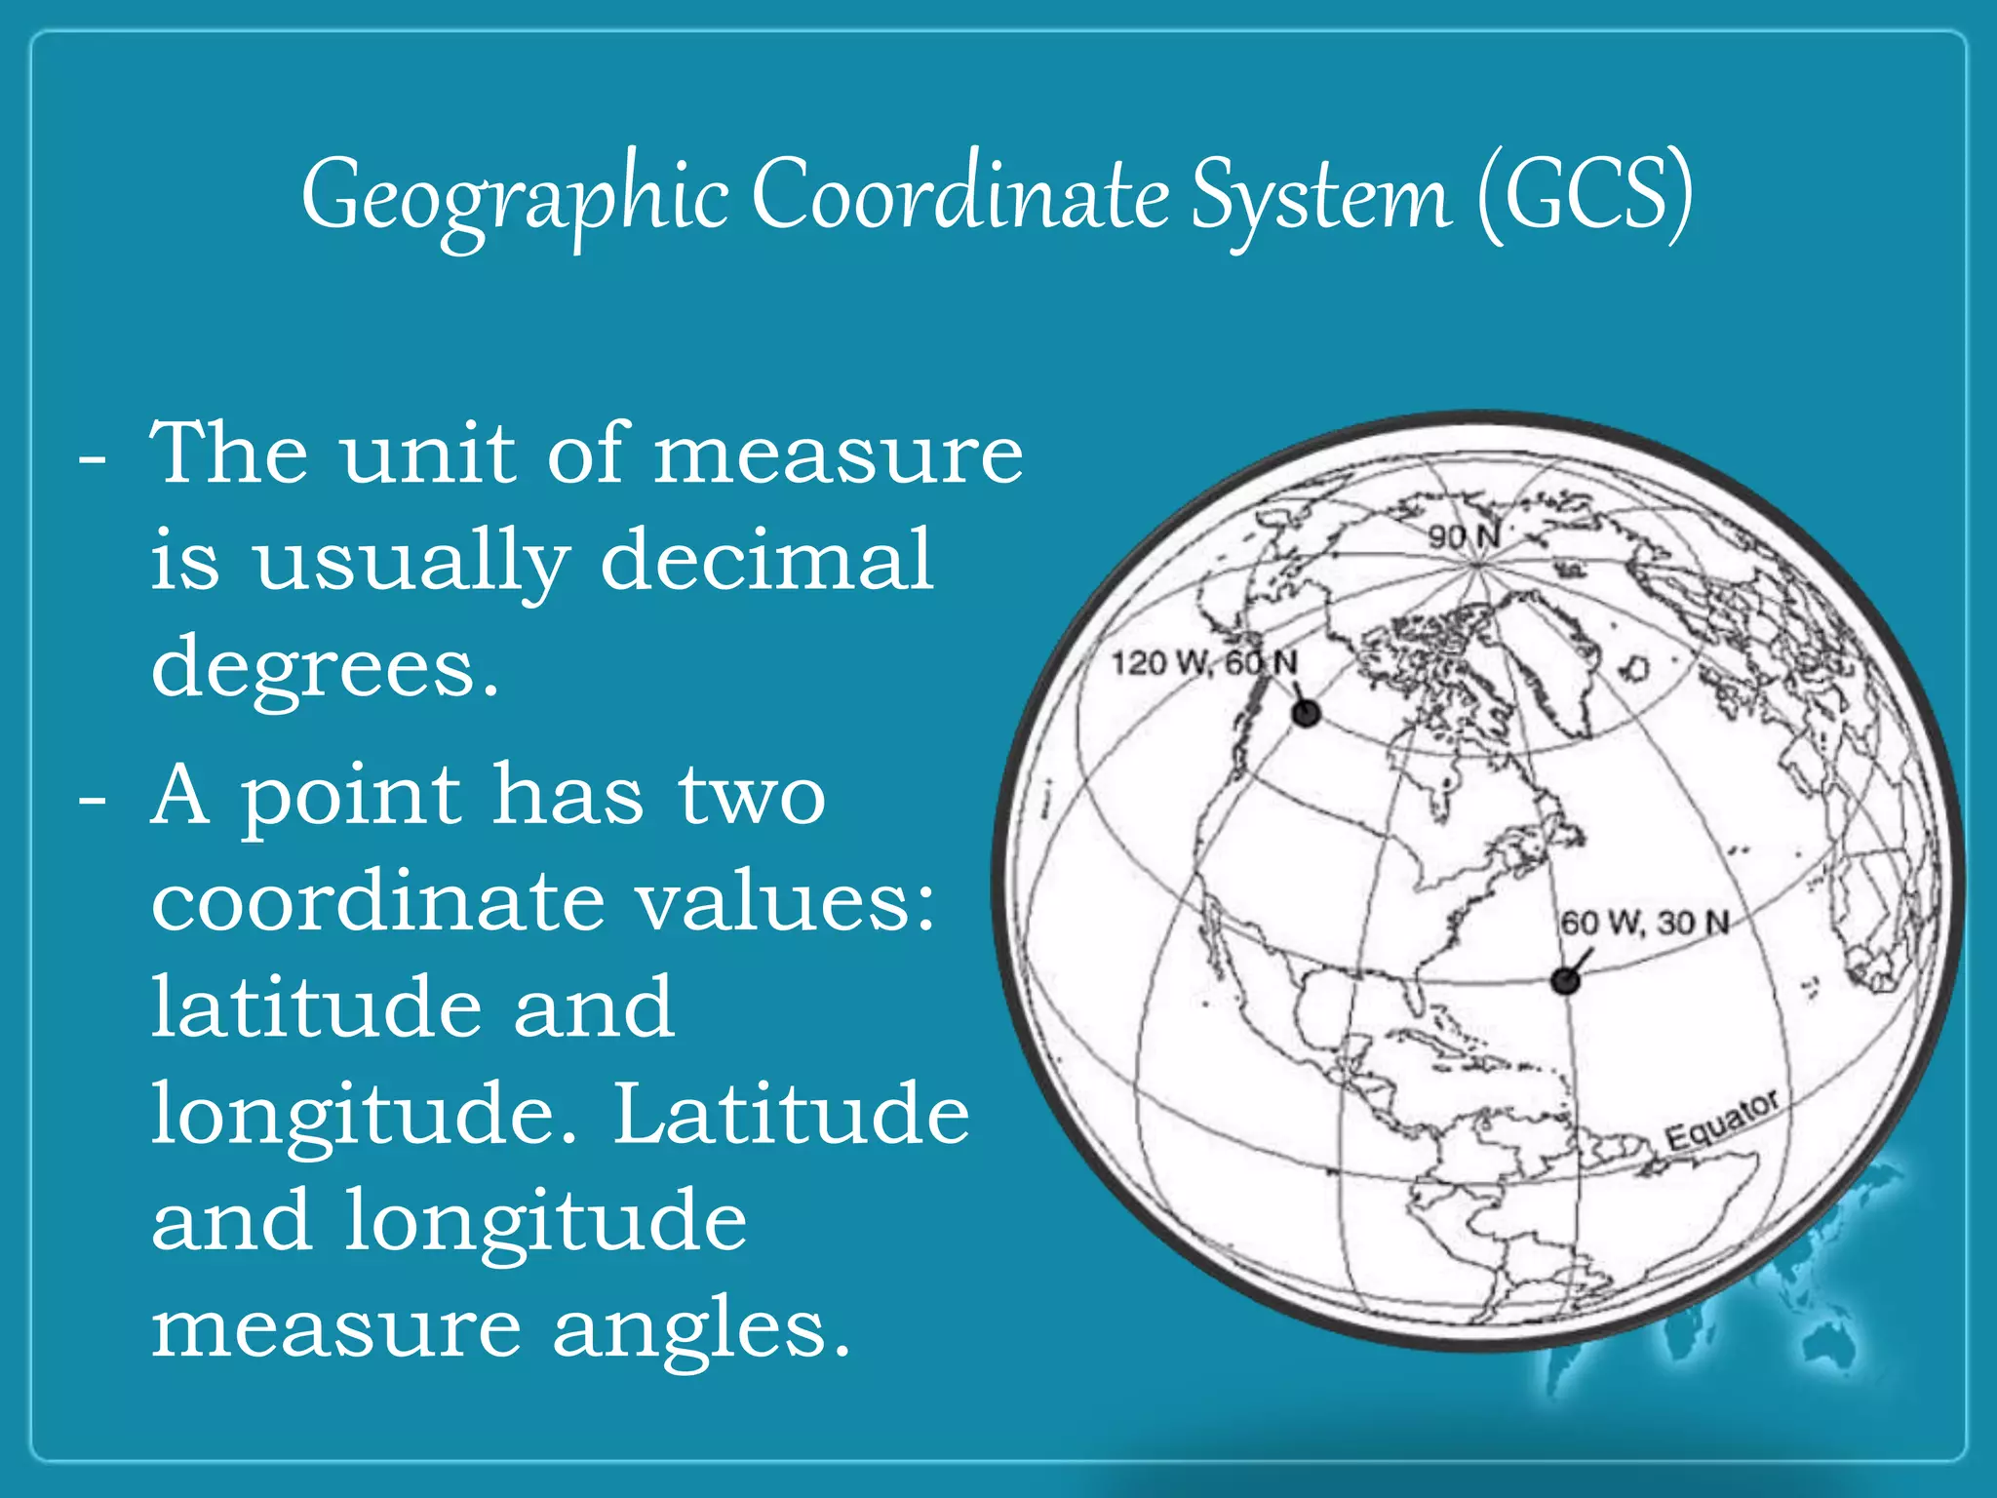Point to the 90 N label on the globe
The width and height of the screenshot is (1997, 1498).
[x=1464, y=535]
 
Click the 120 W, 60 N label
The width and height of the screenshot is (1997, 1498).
[x=1205, y=663]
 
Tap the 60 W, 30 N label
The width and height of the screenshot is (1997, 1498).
[x=1645, y=922]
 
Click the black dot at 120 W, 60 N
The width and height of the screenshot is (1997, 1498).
[x=1306, y=714]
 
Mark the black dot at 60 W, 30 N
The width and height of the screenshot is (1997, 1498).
[x=1565, y=980]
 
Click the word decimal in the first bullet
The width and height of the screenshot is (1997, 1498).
[x=766, y=560]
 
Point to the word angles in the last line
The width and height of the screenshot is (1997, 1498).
[x=700, y=1328]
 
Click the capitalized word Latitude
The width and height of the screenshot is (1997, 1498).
[x=791, y=1114]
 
